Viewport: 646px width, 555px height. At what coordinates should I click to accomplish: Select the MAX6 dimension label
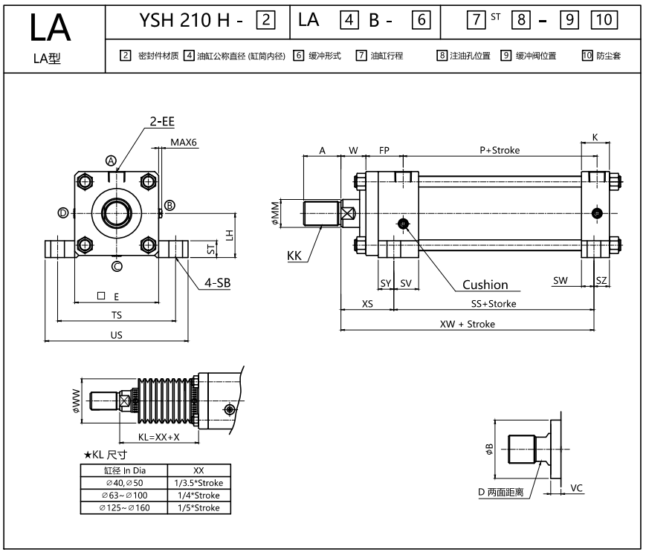pos(184,143)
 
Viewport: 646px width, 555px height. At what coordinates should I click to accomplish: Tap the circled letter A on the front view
pos(112,160)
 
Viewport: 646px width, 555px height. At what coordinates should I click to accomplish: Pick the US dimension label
pos(116,335)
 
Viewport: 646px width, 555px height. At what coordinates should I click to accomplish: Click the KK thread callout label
pos(295,256)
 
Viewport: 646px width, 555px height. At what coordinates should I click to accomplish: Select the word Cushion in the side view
pos(485,284)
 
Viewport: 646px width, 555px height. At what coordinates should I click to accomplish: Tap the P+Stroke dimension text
pos(500,150)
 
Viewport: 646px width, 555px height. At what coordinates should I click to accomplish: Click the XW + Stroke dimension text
pos(467,324)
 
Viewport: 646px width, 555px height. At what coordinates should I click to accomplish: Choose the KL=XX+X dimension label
pos(158,437)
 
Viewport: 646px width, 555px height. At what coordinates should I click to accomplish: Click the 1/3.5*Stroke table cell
pos(199,483)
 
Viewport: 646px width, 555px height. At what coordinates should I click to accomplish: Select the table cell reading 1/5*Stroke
pos(199,507)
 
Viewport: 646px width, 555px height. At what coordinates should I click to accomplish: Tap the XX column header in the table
pos(199,470)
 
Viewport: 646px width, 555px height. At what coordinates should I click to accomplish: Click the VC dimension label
pos(576,488)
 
